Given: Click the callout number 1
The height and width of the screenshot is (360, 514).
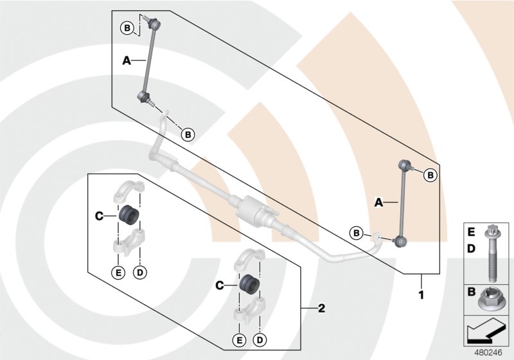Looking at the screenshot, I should [422, 296].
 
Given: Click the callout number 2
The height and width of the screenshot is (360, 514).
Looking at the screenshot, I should [322, 309].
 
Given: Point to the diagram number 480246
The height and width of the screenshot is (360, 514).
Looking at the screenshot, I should [488, 352].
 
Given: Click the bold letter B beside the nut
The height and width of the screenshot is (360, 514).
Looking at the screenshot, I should [471, 292].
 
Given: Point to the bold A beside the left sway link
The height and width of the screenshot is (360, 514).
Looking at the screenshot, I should [127, 60].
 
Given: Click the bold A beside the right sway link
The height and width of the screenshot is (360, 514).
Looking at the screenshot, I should [378, 203].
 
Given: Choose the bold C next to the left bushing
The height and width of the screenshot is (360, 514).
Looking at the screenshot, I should [100, 217].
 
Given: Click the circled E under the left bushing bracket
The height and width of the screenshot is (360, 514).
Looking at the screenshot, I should [118, 273].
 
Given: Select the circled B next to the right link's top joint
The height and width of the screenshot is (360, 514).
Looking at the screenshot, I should [430, 174].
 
